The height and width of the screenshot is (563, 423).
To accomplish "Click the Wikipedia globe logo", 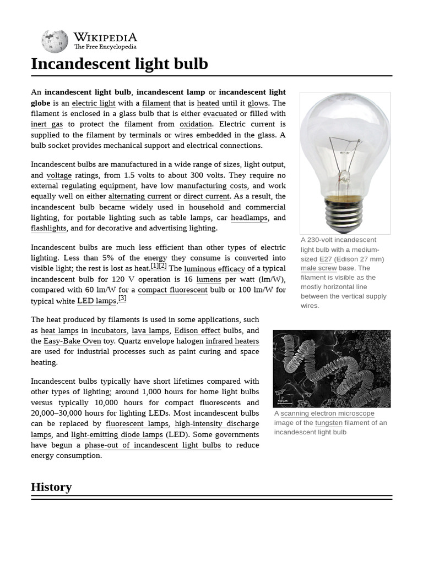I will tap(55, 42).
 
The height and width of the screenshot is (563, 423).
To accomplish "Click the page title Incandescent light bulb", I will tap(120, 64).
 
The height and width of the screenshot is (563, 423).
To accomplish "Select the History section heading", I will tap(51, 487).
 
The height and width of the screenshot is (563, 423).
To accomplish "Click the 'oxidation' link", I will tap(196, 124).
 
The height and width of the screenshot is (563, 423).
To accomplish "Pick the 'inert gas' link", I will tap(47, 124).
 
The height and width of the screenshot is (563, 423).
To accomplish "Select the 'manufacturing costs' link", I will tap(211, 186).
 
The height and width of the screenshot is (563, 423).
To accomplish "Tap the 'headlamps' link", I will tap(249, 218).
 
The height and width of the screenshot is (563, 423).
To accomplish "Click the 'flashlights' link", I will tap(48, 228).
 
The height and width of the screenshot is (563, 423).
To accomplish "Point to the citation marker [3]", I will tap(122, 299).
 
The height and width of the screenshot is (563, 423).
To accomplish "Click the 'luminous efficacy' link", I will tap(214, 269).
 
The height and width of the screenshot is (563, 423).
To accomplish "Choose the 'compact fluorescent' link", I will tap(172, 290).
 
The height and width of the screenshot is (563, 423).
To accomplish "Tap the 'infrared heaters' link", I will tap(232, 341).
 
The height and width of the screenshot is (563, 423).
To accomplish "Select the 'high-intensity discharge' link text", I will tap(216, 424).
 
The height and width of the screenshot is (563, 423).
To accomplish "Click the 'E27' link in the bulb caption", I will tap(326, 259).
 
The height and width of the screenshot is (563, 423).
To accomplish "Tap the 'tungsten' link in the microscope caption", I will tap(328, 423).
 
